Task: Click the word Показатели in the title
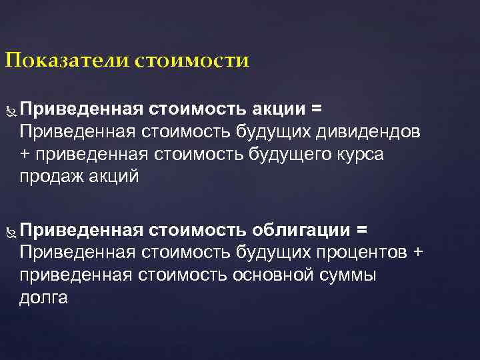coord(67,62)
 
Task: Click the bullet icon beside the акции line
coord(9,109)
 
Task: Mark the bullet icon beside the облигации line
coord(9,231)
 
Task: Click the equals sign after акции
coord(317,108)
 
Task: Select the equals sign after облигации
coord(362,230)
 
